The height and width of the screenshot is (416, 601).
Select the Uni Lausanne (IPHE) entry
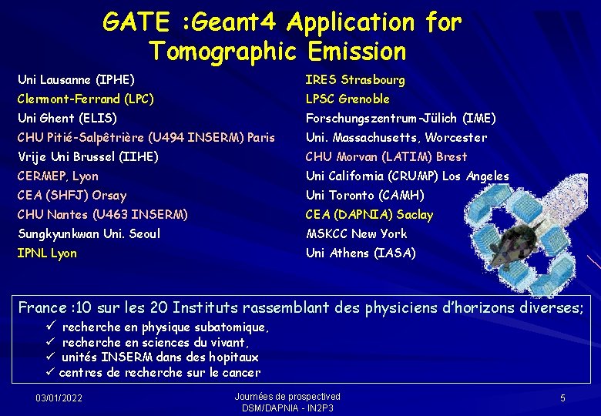[76, 79]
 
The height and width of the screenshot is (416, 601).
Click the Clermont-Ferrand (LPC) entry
[86, 99]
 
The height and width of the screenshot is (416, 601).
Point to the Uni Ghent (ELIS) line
[67, 118]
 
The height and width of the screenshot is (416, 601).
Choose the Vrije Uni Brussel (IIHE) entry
[88, 156]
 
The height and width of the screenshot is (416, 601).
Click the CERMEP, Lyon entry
[58, 176]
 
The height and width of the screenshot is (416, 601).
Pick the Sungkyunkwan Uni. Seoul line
[89, 233]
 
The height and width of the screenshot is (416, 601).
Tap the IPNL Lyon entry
[47, 253]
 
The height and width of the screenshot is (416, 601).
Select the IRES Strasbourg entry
[355, 79]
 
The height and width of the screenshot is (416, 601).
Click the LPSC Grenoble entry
[348, 99]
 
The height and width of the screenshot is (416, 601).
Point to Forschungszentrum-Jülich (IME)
[401, 118]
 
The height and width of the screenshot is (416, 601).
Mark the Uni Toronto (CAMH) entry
[364, 195]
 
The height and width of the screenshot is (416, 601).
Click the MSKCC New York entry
[356, 233]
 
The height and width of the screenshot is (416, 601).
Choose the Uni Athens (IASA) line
[361, 253]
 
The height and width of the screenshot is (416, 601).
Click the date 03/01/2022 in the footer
[59, 398]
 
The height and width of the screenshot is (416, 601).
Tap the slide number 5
[562, 398]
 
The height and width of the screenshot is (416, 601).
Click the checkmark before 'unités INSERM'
[51, 357]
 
